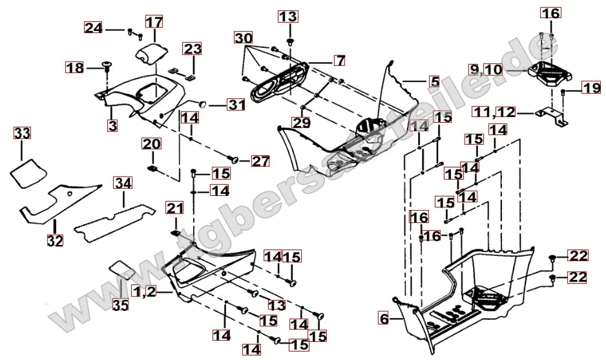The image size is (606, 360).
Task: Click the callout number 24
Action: point(94,28)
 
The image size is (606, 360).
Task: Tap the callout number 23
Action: point(193,49)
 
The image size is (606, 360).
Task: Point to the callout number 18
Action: point(75,67)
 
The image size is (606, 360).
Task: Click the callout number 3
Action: point(113,125)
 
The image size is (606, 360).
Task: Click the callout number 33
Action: point(22,134)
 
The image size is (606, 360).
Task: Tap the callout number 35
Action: point(121,303)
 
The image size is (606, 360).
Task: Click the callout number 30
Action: point(243,38)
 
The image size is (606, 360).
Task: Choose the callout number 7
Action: point(340,62)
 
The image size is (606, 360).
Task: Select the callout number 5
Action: point(434,82)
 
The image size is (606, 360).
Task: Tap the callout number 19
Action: point(590,89)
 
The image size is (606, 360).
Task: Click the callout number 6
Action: point(384,318)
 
